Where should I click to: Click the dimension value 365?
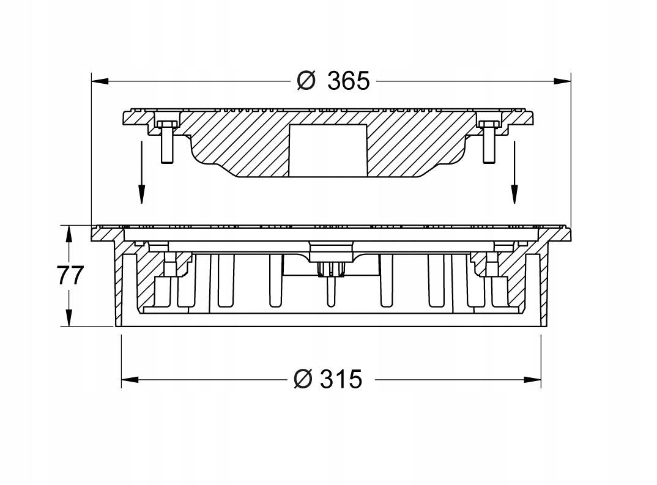349,81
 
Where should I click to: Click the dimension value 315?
341,379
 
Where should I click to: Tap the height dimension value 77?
70,276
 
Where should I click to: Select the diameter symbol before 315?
303,379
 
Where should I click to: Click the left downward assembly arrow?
142,172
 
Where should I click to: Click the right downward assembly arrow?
514,172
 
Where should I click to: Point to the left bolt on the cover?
166,141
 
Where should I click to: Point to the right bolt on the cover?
489,141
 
